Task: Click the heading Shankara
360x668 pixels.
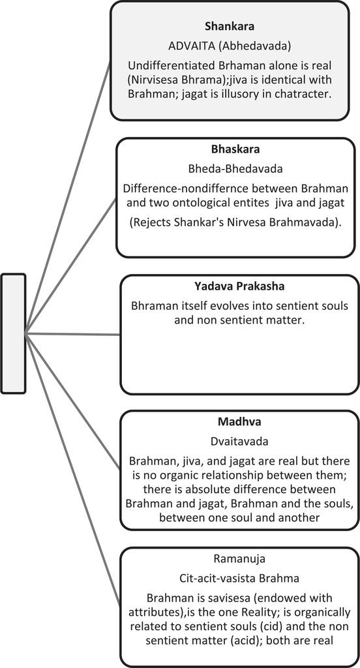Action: coord(230,27)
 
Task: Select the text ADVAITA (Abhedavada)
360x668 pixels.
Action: coord(230,47)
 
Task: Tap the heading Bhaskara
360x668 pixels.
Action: coord(235,150)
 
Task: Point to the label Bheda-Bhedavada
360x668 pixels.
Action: coord(235,169)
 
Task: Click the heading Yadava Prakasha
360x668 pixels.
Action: coord(239,287)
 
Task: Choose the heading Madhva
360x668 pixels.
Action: coord(239,422)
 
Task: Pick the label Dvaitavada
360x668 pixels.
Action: coord(239,442)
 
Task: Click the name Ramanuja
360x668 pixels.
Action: coord(239,558)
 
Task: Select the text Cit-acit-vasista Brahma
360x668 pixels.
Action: coord(239,578)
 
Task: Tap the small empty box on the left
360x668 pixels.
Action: coord(13,333)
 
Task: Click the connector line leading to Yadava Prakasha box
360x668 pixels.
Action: coord(72,335)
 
